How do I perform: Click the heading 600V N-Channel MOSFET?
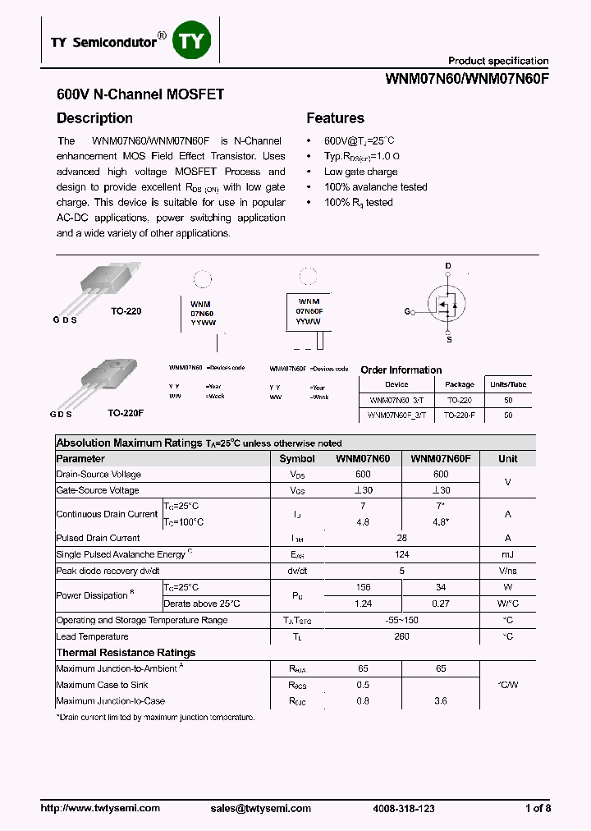(x=140, y=94)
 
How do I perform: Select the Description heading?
(x=94, y=118)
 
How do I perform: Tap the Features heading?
(x=335, y=118)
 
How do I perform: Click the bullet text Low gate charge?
(x=360, y=172)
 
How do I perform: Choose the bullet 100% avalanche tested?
(x=375, y=187)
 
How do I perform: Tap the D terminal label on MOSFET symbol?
(x=448, y=266)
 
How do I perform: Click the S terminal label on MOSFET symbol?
(x=448, y=337)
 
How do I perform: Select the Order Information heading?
(x=401, y=370)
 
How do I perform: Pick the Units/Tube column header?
(x=508, y=384)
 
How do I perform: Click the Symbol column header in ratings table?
(x=296, y=459)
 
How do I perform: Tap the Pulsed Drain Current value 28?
(x=402, y=539)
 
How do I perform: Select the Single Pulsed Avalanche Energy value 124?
(x=402, y=555)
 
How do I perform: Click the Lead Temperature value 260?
(x=402, y=636)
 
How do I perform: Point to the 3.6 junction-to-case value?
(x=440, y=701)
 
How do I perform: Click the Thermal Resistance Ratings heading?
(x=126, y=653)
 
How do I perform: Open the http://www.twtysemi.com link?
(x=100, y=808)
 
